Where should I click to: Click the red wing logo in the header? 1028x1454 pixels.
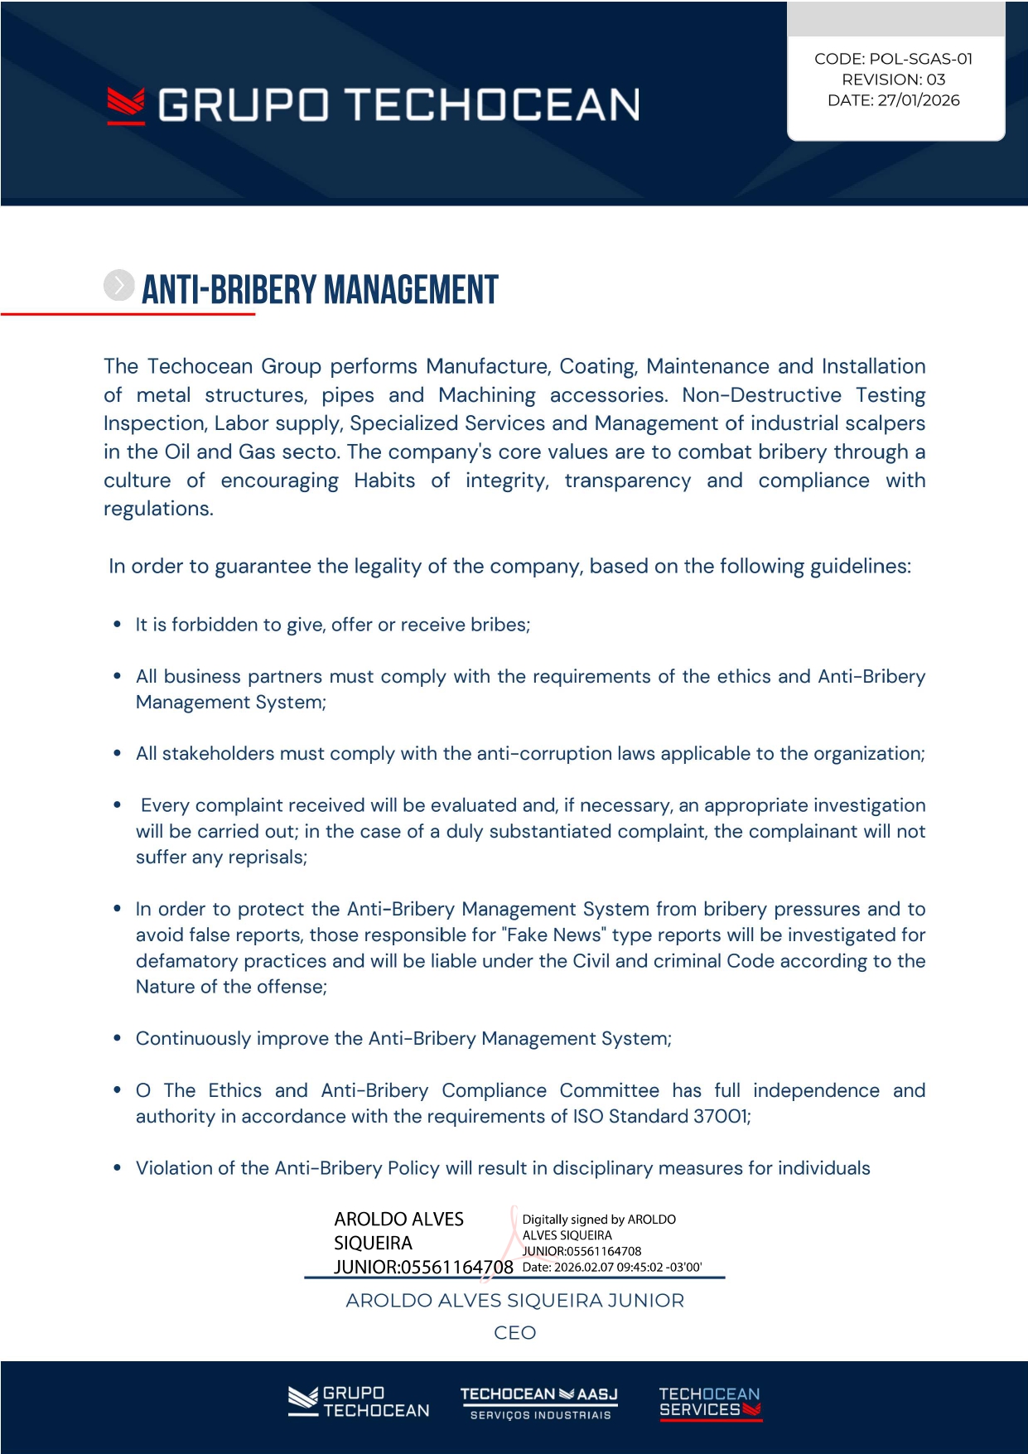126,106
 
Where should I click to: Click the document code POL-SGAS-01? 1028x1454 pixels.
920,59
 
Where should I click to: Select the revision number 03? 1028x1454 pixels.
935,80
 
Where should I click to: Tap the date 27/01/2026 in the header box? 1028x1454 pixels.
918,100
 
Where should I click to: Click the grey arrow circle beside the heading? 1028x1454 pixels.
118,285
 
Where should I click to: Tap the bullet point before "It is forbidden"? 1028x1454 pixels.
118,625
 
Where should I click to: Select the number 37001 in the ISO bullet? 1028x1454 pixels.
720,1117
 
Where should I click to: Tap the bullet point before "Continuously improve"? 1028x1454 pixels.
118,1039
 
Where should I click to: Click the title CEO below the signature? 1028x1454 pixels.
514,1333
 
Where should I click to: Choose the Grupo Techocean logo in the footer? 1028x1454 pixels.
359,1402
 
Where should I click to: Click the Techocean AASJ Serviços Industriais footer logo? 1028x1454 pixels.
539,1403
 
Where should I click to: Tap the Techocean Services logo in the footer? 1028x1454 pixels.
710,1403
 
